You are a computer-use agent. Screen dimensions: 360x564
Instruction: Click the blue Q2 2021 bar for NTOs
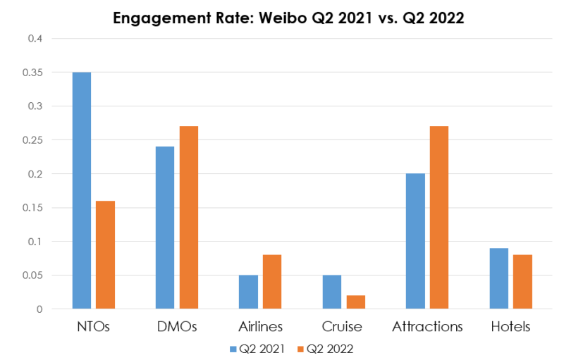pos(81,190)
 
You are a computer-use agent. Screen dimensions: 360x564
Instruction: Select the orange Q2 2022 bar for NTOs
pos(105,255)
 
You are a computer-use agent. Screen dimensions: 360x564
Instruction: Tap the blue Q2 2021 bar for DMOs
pos(165,228)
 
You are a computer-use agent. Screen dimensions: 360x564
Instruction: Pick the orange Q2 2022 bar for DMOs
pos(189,218)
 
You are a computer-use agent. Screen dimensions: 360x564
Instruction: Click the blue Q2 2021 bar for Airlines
pos(248,292)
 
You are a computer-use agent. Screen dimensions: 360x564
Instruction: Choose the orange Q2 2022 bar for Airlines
pos(272,282)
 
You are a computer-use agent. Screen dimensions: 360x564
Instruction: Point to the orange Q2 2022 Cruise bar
pos(356,302)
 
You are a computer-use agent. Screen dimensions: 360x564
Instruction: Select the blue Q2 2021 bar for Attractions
pos(415,241)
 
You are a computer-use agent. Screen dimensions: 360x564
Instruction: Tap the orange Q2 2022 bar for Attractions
pos(439,218)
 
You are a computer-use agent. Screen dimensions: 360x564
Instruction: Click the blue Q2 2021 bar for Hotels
pos(499,278)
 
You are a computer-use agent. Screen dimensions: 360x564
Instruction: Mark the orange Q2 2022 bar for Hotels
pos(522,282)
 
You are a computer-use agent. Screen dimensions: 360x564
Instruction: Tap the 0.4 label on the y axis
pos(35,39)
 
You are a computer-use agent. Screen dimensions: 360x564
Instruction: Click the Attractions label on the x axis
pos(427,327)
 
